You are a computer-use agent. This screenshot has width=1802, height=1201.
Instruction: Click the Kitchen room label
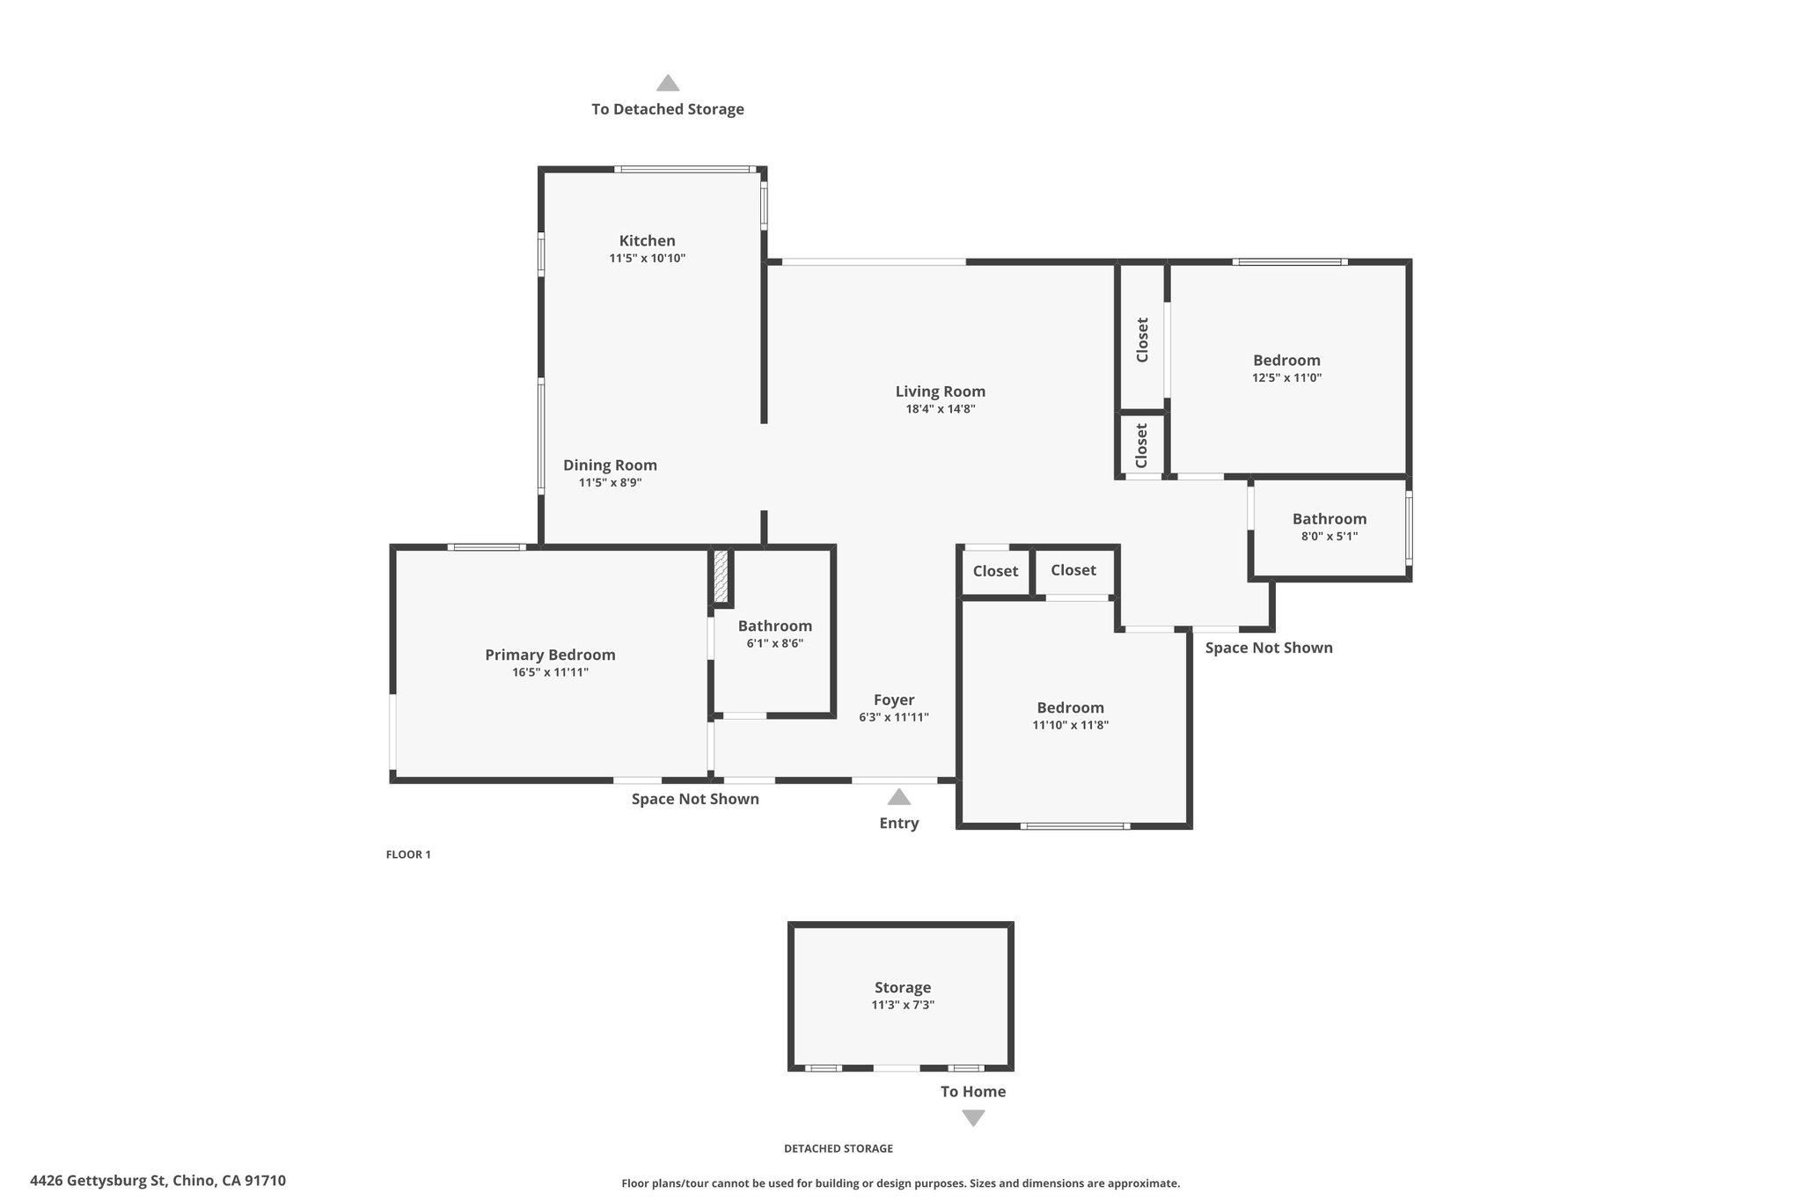647,240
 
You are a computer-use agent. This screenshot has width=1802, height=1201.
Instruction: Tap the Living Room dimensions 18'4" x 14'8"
941,409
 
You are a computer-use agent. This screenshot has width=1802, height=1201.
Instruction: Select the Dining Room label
610,465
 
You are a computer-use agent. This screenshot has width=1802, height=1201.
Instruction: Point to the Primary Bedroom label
550,655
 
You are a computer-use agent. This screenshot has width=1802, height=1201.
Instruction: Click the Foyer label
894,700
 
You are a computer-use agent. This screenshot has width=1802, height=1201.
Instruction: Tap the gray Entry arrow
898,797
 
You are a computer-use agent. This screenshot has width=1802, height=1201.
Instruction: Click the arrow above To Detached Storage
668,83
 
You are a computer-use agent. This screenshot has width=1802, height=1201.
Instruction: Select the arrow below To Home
973,1118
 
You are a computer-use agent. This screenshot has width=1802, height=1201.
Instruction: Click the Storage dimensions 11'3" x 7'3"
903,1005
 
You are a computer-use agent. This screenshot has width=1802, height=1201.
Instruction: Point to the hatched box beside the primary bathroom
721,577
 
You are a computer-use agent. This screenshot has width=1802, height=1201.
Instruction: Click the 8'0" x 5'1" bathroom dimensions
1330,536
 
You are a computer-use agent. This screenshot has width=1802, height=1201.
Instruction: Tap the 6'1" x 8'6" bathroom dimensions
775,643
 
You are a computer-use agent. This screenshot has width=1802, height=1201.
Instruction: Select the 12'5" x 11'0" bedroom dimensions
1287,377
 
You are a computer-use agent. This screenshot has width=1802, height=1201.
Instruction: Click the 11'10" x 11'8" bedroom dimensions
1070,725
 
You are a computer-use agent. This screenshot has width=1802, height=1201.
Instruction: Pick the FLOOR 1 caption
408,854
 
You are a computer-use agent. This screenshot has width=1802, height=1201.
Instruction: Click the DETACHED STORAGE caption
839,1148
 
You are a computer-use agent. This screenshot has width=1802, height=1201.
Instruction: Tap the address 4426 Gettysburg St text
98,1181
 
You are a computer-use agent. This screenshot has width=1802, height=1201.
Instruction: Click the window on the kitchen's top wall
685,169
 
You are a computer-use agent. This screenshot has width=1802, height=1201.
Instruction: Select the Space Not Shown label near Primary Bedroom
695,799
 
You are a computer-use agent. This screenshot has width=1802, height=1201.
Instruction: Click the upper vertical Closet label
1142,340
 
